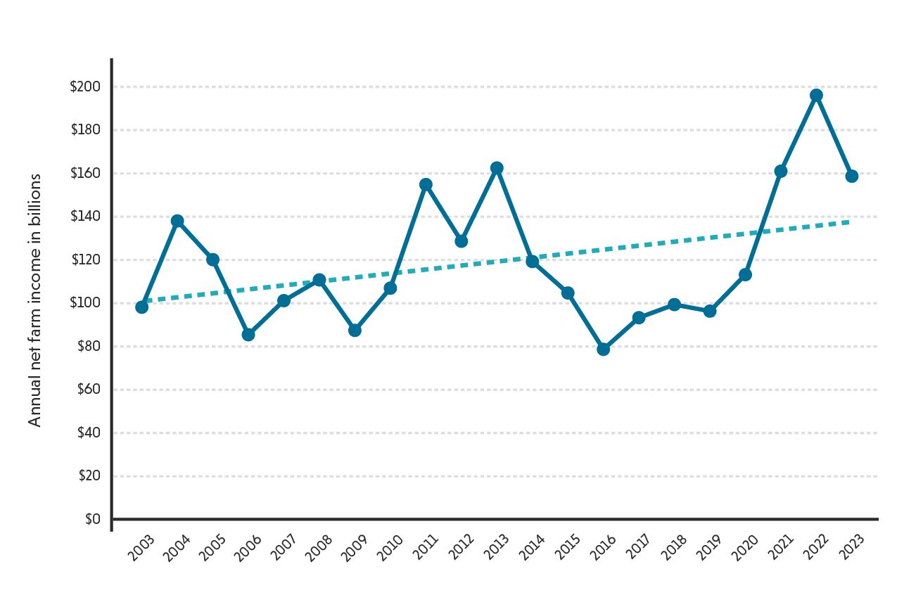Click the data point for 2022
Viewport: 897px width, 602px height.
[x=816, y=96]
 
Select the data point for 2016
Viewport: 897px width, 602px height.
[x=603, y=349]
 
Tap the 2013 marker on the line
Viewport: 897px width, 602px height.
[x=497, y=168]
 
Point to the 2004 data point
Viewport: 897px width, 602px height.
[x=177, y=221]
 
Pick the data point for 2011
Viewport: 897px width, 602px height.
[x=426, y=184]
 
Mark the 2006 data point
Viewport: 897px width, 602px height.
[x=248, y=335]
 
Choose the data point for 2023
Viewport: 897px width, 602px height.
[x=851, y=176]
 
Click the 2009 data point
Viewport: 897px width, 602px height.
[x=355, y=330]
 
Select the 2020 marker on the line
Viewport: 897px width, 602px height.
[x=745, y=274]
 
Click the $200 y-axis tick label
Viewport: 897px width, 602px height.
[x=85, y=87]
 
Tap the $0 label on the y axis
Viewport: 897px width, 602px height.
[x=93, y=520]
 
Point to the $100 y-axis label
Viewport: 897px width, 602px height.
[x=85, y=303]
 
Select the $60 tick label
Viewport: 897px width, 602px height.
[x=89, y=390]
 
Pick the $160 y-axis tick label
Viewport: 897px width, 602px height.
[x=85, y=174]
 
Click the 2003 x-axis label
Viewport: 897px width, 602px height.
[x=142, y=548]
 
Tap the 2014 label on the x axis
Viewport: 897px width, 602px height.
[x=533, y=548]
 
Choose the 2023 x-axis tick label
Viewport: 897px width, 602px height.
[x=851, y=548]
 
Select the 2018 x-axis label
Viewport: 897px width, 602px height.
[x=674, y=548]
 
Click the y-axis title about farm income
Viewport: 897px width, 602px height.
[x=35, y=300]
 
